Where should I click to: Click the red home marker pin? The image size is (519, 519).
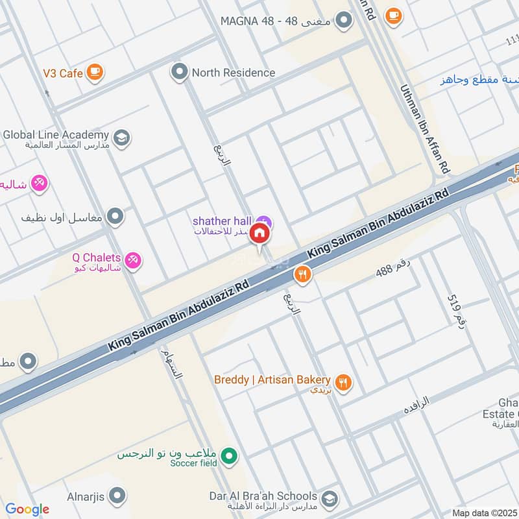point(259,233)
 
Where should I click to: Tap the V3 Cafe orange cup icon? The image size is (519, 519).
point(95,73)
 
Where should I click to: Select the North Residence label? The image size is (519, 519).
point(233,73)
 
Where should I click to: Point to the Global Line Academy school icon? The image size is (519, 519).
point(121,138)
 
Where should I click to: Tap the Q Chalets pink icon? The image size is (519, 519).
point(133,260)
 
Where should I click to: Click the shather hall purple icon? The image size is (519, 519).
point(263,222)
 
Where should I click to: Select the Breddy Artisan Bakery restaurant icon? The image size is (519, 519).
point(344,383)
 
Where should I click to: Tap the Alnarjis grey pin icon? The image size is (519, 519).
point(117,497)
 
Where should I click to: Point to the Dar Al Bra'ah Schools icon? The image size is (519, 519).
point(330,499)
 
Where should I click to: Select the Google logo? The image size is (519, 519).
point(27,509)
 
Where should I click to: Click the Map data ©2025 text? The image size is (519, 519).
point(483,513)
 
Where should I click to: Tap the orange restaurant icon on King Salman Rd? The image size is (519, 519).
point(302,275)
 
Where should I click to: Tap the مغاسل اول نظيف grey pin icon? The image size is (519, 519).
point(115,217)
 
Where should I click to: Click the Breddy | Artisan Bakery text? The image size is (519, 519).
point(272,380)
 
